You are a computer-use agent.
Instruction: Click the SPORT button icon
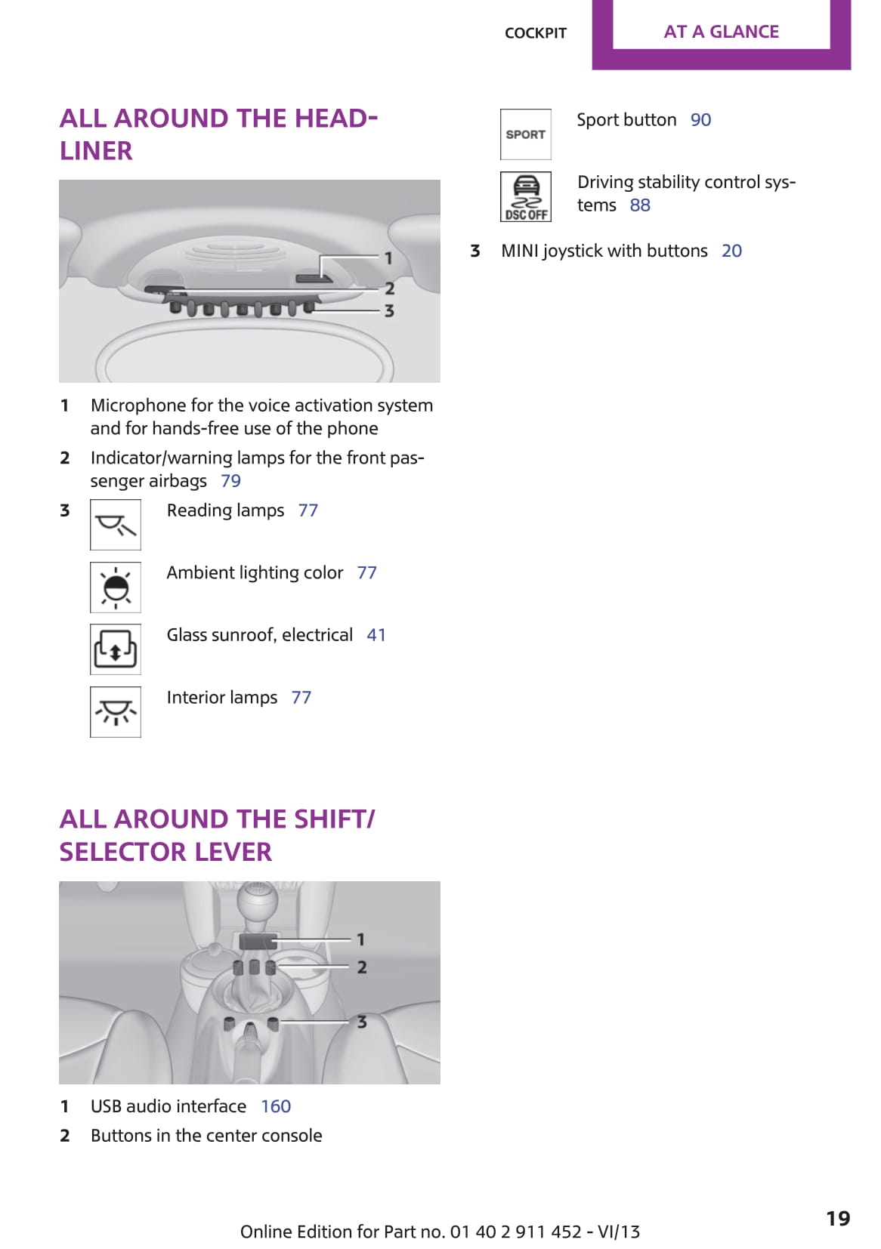[525, 134]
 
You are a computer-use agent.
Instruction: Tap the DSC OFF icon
[525, 197]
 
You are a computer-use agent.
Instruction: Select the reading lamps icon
[116, 525]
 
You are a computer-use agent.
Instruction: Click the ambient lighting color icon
[116, 587]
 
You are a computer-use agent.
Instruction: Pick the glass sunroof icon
[116, 649]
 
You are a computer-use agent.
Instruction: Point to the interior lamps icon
[116, 712]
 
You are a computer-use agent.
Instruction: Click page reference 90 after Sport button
[700, 120]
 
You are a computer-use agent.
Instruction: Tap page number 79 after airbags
[230, 480]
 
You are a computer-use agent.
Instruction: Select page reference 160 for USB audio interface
[276, 1106]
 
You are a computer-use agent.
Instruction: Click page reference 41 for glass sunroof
[376, 634]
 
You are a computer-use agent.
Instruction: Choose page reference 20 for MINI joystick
[731, 251]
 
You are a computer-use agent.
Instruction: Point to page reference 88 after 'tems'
[640, 205]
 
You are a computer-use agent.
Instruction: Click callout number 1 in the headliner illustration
[388, 258]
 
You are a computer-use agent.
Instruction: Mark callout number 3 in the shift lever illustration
[362, 1022]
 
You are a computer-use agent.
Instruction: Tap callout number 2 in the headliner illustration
[389, 288]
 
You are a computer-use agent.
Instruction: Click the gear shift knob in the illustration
[257, 899]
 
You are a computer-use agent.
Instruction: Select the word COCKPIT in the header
[535, 33]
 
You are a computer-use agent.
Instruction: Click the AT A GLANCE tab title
[721, 32]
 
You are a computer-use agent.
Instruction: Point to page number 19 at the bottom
[838, 1218]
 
